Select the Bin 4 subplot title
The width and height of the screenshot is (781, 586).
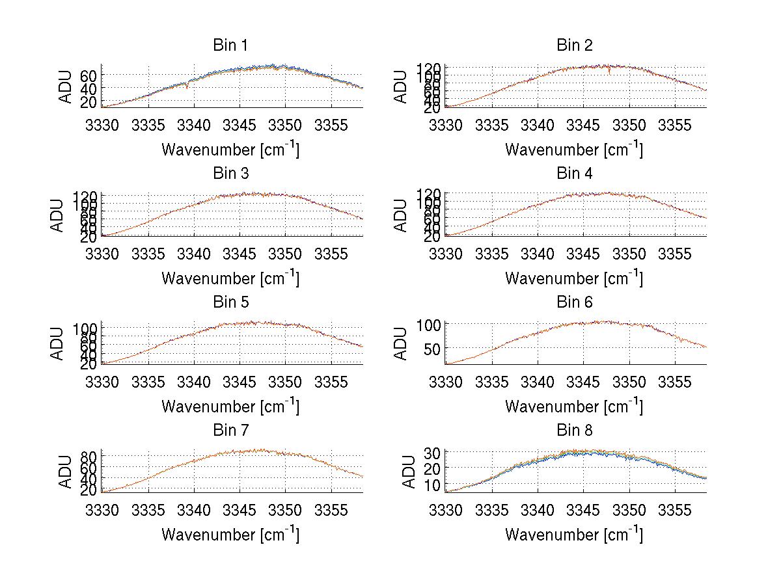(573, 174)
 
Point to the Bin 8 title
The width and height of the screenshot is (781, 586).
(573, 431)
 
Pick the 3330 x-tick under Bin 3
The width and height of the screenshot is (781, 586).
(102, 253)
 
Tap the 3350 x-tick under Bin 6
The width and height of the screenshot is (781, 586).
(629, 382)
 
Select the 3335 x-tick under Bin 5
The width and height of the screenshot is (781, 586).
(148, 382)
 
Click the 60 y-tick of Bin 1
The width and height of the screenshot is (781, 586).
(90, 75)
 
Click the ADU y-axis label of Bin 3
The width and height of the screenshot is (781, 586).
(58, 215)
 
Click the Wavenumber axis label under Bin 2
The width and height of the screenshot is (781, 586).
(573, 150)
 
